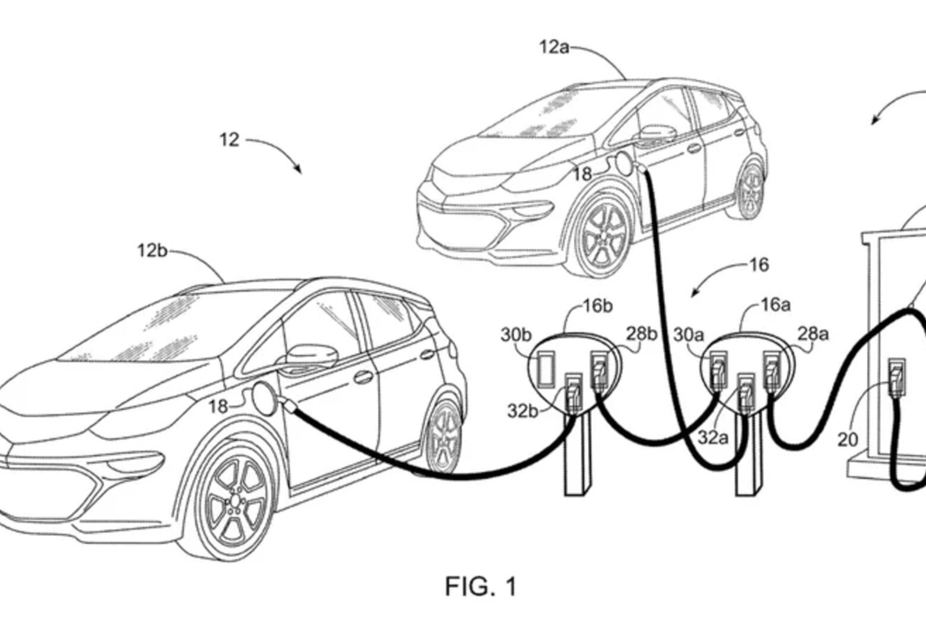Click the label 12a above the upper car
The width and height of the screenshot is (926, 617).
click(x=553, y=47)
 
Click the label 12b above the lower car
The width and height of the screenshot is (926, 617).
click(x=152, y=250)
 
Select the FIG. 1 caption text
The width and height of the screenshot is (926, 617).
click(x=481, y=586)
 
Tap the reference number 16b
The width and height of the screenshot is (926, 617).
click(x=597, y=306)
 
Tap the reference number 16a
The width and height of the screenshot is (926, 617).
click(x=776, y=305)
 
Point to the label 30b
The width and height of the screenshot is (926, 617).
click(x=515, y=335)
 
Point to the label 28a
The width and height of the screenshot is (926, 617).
click(x=813, y=333)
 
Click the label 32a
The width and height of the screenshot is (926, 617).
click(x=712, y=438)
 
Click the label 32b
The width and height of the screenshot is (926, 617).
click(x=522, y=411)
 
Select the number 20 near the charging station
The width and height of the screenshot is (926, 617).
click(x=848, y=440)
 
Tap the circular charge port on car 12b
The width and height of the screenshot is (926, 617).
click(x=264, y=397)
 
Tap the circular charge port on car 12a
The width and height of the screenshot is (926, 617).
click(x=624, y=164)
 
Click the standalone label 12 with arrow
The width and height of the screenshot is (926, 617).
click(x=229, y=140)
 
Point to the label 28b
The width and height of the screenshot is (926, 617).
click(x=641, y=333)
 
